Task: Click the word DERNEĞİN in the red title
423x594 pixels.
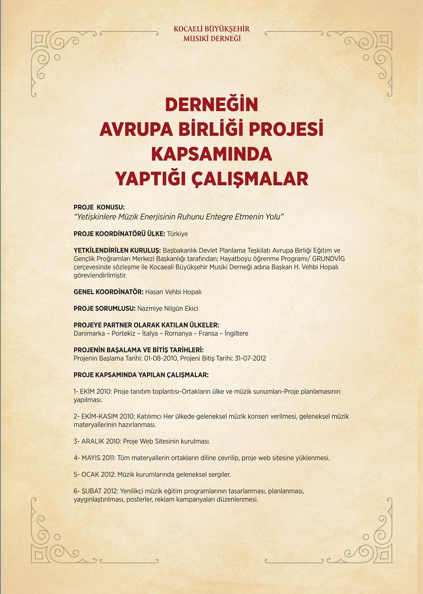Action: [x=211, y=105]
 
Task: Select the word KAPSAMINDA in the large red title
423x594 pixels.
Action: [x=211, y=154]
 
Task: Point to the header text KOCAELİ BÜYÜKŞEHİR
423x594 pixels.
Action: [x=211, y=29]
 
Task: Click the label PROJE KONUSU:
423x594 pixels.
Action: [x=99, y=207]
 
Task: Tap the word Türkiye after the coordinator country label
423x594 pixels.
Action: [x=177, y=234]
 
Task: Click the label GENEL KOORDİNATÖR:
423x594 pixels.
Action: [x=109, y=292]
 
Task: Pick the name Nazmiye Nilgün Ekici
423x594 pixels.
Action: [x=168, y=308]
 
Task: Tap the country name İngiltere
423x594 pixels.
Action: [x=236, y=333]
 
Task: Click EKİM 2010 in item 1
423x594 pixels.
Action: [x=95, y=391]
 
